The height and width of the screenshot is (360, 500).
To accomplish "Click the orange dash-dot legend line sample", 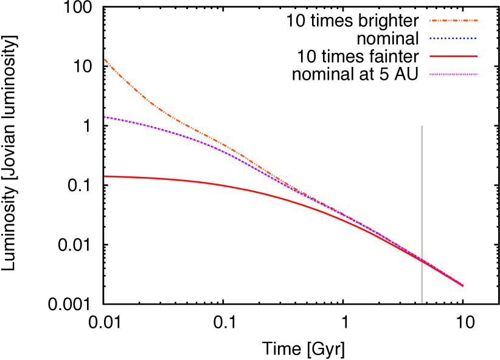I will point(453,21).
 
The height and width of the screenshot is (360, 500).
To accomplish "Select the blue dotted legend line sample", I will point(453,38).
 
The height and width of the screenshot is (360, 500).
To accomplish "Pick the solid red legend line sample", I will point(453,57).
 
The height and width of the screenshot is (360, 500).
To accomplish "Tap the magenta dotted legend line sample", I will point(453,74).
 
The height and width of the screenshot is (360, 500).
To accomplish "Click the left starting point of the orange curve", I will point(105,60).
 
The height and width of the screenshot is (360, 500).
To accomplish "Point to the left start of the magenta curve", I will point(105,117).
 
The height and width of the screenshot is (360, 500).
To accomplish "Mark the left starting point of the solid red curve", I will point(105,176).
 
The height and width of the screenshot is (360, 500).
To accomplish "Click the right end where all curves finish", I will point(463,285).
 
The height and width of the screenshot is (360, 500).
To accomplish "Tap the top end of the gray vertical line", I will point(422,126).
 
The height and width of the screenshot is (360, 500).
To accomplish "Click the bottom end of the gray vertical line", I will point(422,302).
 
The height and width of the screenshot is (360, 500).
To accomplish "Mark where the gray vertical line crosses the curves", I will point(422,260).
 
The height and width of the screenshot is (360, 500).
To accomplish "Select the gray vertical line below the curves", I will point(422,283).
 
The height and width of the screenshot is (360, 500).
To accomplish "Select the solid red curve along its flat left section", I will point(146,178).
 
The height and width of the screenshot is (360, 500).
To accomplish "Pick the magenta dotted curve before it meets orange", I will point(170,131).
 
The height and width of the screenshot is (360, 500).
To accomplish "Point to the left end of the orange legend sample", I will point(430,21).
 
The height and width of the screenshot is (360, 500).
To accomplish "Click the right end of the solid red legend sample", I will point(477,57).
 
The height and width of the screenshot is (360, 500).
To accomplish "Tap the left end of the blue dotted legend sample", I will point(430,38).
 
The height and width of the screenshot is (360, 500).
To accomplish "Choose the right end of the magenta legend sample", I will point(477,74).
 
